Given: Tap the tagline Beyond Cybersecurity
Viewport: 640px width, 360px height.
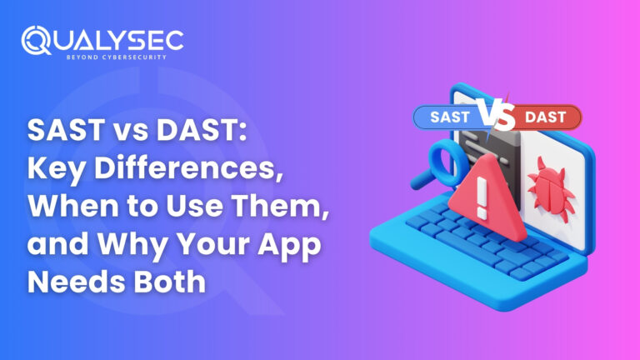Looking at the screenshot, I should pos(117,57).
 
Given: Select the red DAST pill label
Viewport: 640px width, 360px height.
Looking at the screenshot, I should pos(546,117).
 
